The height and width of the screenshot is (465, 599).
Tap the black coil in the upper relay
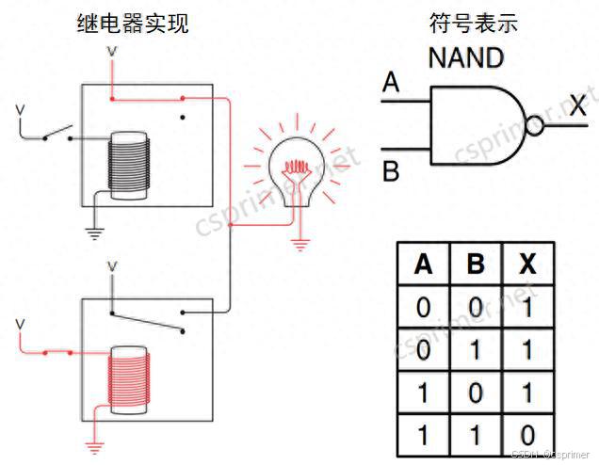pos(128,164)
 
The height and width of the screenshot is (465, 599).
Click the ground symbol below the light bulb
pos(300,244)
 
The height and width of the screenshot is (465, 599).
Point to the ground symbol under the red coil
pos(93,442)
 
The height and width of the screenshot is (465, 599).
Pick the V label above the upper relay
pos(112,50)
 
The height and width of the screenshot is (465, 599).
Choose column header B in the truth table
pos(476,265)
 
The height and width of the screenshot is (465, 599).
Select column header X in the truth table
pos(527,265)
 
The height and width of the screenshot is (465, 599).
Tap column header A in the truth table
pos(424,265)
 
